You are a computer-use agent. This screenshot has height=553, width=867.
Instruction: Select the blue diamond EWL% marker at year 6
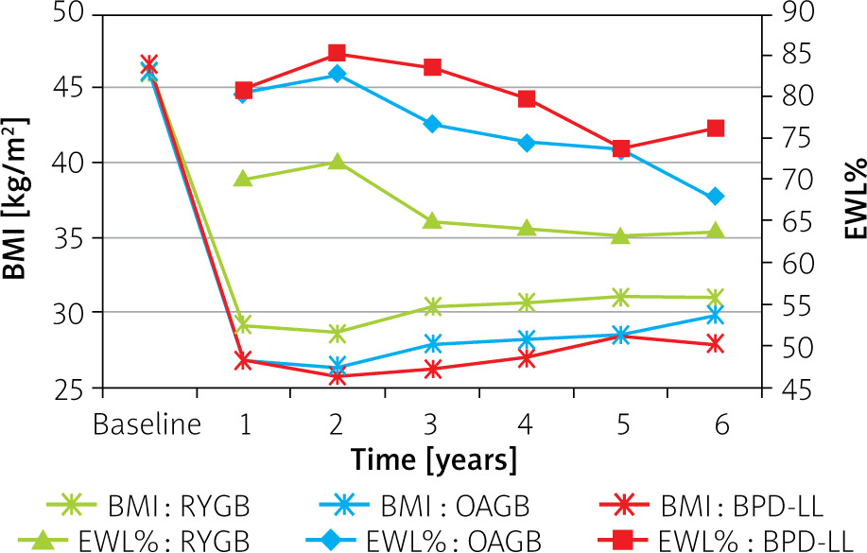coord(716,197)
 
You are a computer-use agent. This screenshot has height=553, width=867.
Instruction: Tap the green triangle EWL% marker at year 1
coord(243,179)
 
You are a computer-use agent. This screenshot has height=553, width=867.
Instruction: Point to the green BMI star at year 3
coord(432,306)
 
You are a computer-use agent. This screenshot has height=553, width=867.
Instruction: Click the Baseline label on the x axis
coord(147,424)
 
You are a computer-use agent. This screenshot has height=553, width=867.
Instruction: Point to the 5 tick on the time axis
coord(621,424)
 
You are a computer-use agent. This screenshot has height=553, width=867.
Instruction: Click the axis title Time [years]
coord(434,460)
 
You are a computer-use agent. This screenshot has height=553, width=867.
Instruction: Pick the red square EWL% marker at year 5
coord(621,148)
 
